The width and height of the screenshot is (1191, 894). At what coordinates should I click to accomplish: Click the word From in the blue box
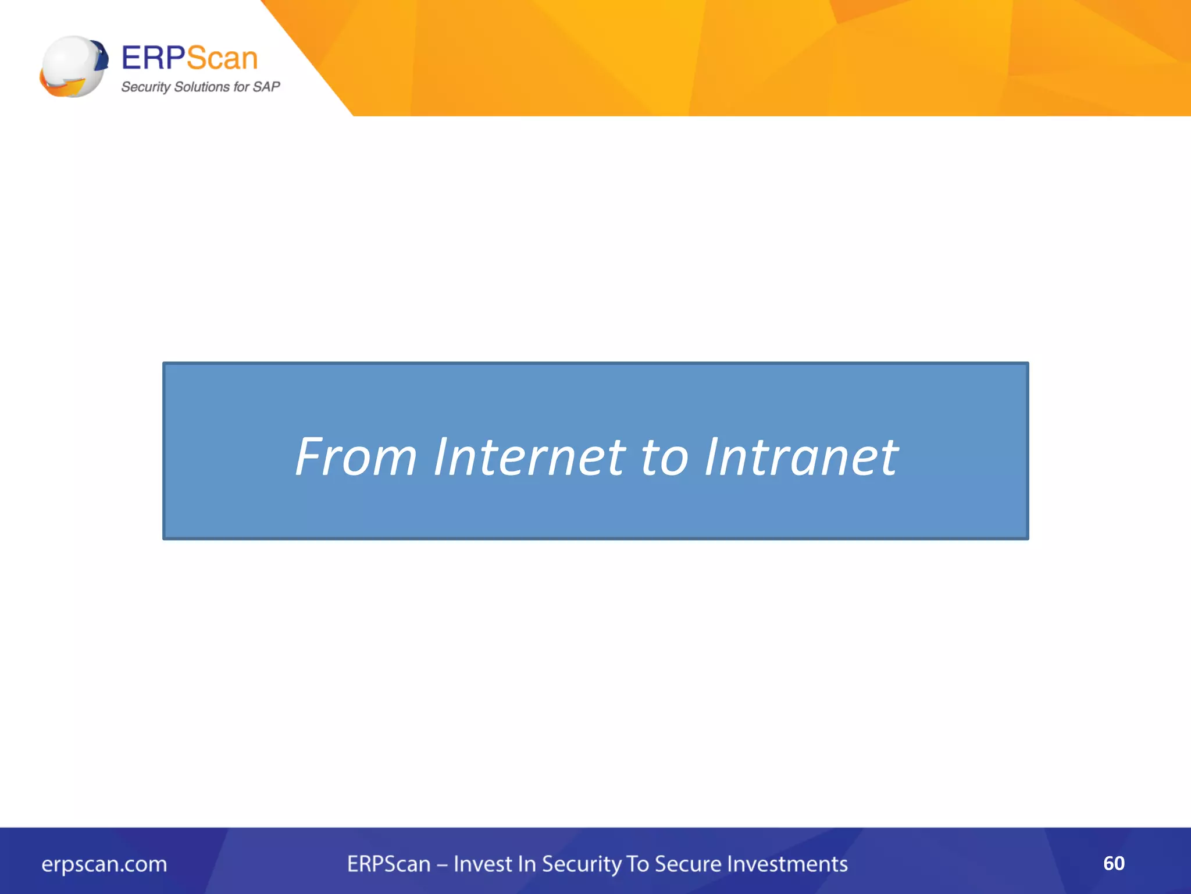pos(356,457)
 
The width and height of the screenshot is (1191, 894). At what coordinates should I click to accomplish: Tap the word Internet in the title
pos(529,457)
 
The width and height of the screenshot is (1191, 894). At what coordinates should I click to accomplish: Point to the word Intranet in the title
pos(801,457)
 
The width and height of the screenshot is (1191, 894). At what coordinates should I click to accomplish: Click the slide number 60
pos(1114,863)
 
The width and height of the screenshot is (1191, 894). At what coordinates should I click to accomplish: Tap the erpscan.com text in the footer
pos(104,864)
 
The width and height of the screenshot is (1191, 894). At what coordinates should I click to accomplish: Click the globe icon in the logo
pos(73,66)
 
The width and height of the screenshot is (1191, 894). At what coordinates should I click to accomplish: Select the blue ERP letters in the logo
pos(153,58)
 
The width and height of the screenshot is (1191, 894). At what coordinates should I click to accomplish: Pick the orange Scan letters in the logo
pos(222,58)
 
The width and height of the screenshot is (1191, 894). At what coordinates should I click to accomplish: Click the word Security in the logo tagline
pos(145,87)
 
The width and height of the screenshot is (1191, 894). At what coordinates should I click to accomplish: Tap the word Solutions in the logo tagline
pos(202,87)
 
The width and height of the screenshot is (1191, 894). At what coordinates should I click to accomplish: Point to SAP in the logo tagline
pos(266,87)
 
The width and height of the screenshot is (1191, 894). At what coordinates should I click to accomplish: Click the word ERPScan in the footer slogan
pos(388,864)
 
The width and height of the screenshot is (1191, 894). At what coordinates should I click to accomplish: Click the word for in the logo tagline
pos(241,87)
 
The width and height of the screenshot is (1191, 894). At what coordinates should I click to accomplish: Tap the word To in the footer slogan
pos(637,864)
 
